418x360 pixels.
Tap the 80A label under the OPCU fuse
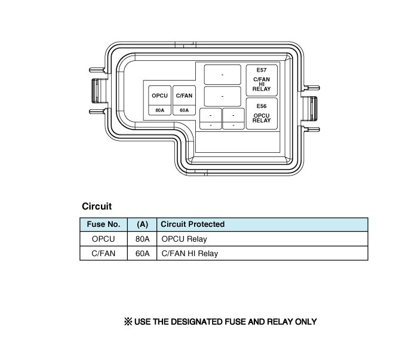pos(159,110)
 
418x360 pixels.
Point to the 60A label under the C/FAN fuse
pos(184,110)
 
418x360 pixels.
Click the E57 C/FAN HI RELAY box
pos(262,80)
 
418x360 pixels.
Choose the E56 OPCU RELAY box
pos(262,113)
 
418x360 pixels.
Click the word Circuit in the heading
pos(97,207)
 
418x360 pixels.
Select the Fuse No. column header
pos(103,224)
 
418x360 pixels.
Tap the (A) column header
pos(142,224)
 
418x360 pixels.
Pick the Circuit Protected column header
pos(193,224)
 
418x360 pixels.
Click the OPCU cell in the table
pos(103,239)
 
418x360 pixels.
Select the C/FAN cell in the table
pos(103,253)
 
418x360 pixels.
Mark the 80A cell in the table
pos(142,239)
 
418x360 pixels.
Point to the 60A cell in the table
pos(142,253)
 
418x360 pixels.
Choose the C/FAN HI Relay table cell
pos(190,253)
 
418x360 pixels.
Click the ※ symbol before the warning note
pos(127,322)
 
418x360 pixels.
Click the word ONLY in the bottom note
pos(305,322)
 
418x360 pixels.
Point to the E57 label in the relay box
pos(262,71)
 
